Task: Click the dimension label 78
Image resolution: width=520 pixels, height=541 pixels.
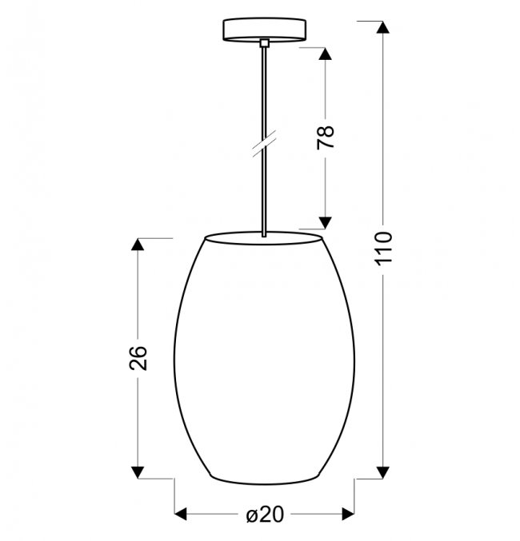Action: pos(326,137)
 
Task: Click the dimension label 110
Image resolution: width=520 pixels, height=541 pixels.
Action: pos(383,249)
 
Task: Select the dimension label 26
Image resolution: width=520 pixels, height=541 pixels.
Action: pos(138,357)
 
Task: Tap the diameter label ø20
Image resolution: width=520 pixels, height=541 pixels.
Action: pos(265,515)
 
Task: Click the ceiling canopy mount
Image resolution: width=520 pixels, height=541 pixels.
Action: pos(264,30)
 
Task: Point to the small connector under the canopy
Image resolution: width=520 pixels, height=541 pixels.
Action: pos(264,43)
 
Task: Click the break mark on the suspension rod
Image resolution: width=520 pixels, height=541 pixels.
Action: pos(264,144)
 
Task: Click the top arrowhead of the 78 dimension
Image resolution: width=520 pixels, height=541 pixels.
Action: pos(325,54)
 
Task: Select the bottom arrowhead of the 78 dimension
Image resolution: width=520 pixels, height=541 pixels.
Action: pos(325,223)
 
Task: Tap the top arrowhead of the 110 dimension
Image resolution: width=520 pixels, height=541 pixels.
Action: pos(383,27)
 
